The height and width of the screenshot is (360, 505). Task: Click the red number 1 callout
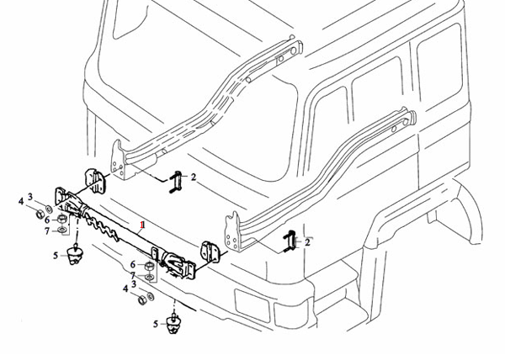[144, 225]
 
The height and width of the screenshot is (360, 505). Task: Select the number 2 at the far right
[309, 241]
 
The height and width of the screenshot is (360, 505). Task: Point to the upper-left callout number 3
[30, 197]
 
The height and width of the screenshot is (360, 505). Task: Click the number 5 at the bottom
[156, 323]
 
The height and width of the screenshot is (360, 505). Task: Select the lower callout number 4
[126, 289]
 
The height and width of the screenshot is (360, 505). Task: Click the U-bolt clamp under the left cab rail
[178, 183]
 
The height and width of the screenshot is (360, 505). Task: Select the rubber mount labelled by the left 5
[75, 255]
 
